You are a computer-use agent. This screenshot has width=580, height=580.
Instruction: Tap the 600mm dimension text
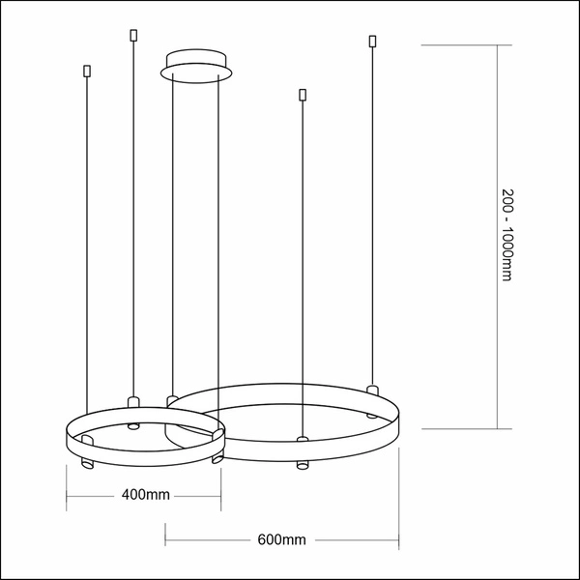282,538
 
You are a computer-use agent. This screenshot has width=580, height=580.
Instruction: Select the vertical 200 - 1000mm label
506,235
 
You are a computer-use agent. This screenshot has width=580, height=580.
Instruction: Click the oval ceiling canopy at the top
196,64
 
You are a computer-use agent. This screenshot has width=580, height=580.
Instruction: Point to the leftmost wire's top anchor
87,72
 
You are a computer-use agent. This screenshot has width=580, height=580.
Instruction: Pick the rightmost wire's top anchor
371,42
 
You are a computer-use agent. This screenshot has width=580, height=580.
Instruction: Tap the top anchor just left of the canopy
133,37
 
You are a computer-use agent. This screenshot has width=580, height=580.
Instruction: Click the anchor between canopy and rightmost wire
303,95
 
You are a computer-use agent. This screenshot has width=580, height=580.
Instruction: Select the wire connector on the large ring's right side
371,389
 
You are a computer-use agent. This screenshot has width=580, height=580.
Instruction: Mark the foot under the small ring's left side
84,465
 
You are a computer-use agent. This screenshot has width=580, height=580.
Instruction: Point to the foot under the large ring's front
302,467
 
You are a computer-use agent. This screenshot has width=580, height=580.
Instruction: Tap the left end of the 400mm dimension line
67,496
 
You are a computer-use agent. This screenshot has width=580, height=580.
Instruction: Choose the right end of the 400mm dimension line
224,496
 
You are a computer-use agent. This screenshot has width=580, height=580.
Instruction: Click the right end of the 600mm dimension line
398,538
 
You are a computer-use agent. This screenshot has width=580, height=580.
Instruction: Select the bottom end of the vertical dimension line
497,428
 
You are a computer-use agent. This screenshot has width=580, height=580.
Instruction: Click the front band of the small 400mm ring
145,449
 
